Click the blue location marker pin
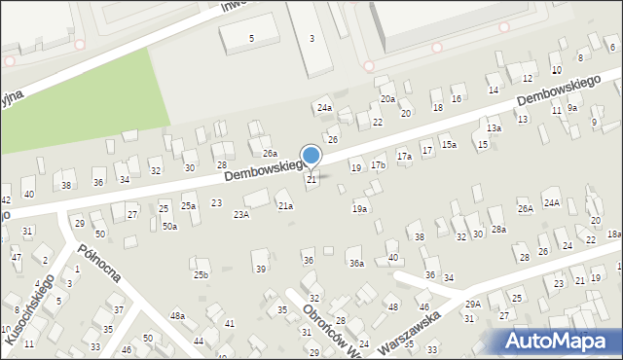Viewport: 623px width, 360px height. [x=311, y=156]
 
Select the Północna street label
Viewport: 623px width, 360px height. [x=100, y=261]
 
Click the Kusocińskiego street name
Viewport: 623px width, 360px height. [x=29, y=309]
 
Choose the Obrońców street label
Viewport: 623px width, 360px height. [x=320, y=325]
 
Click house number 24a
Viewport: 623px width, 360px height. [x=324, y=108]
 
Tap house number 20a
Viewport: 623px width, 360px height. [x=387, y=99]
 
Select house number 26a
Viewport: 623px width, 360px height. [x=270, y=154]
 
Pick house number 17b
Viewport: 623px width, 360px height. [x=378, y=165]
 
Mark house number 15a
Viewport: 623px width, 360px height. [x=448, y=145]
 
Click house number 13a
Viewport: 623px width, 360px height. [x=494, y=128]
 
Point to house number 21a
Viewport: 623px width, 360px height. [x=285, y=206]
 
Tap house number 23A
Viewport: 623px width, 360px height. [x=240, y=215]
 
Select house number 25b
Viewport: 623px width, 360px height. [x=200, y=275]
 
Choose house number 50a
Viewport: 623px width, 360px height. [x=169, y=227]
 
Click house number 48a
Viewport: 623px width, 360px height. [x=177, y=316]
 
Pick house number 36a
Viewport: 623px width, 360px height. [x=356, y=264]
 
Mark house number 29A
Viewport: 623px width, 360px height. [x=472, y=305]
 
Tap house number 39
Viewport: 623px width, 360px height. [x=260, y=269]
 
